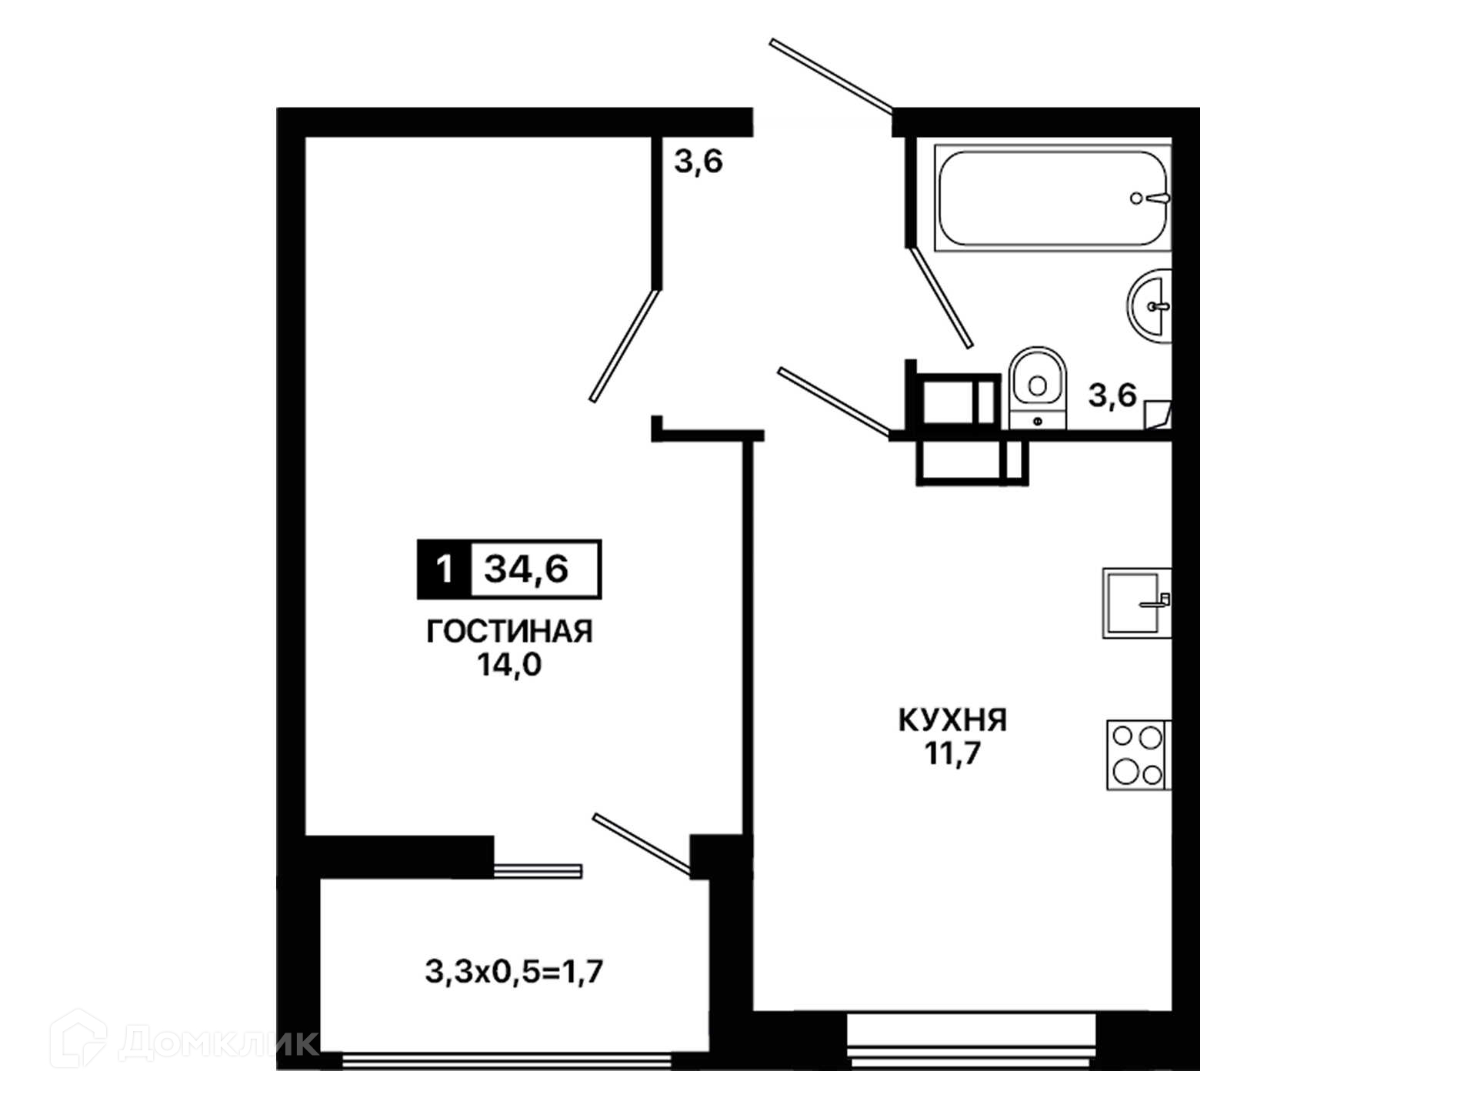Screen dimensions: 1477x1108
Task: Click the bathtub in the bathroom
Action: pos(1052,198)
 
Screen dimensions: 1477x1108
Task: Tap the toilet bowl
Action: pos(1037,388)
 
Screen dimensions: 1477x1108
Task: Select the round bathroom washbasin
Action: pos(1150,305)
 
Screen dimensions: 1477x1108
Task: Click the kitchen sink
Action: pos(1137,603)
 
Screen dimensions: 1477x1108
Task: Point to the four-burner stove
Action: pos(1139,755)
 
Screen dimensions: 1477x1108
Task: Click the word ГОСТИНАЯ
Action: pos(509,632)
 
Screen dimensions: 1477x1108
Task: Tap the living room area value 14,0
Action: pos(509,664)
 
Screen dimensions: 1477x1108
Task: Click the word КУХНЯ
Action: pos(952,720)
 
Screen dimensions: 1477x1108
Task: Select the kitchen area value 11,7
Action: pos(952,753)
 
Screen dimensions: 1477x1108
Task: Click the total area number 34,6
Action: pos(526,569)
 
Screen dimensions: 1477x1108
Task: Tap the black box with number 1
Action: pos(444,569)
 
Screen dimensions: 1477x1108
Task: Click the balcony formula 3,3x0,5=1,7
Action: pos(514,972)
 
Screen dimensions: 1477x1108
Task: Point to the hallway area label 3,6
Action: pos(698,162)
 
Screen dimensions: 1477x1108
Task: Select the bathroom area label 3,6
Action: pos(1112,395)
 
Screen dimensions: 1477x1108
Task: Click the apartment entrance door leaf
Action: pos(832,75)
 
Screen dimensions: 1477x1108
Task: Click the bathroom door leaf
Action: pos(941,296)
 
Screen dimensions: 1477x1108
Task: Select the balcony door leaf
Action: pos(642,844)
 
